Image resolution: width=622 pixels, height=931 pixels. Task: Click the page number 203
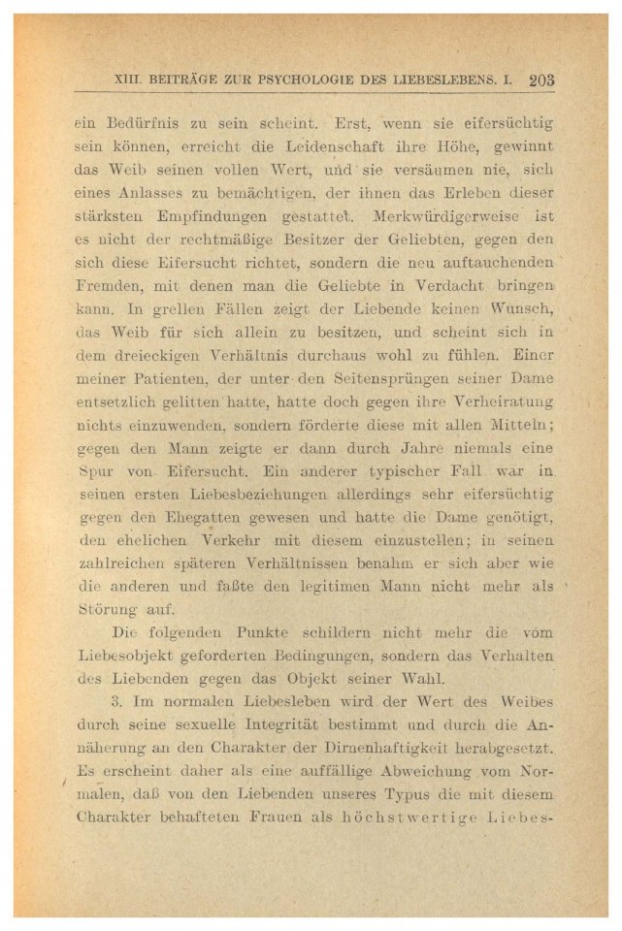541,81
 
